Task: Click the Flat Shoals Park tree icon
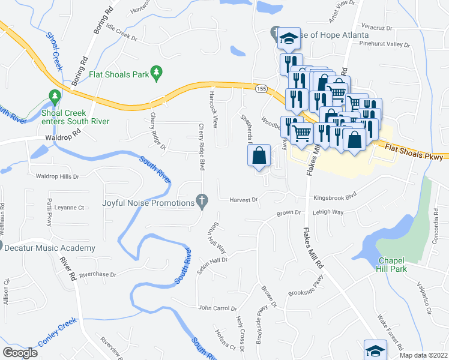[x=157, y=72]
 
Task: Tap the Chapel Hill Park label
[x=392, y=264]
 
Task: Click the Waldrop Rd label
[x=62, y=137]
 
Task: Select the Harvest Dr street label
[x=243, y=199]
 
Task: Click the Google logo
[x=20, y=353]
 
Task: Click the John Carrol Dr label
[x=217, y=308]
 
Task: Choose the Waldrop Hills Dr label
[x=58, y=176]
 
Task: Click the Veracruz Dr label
[x=376, y=28]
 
